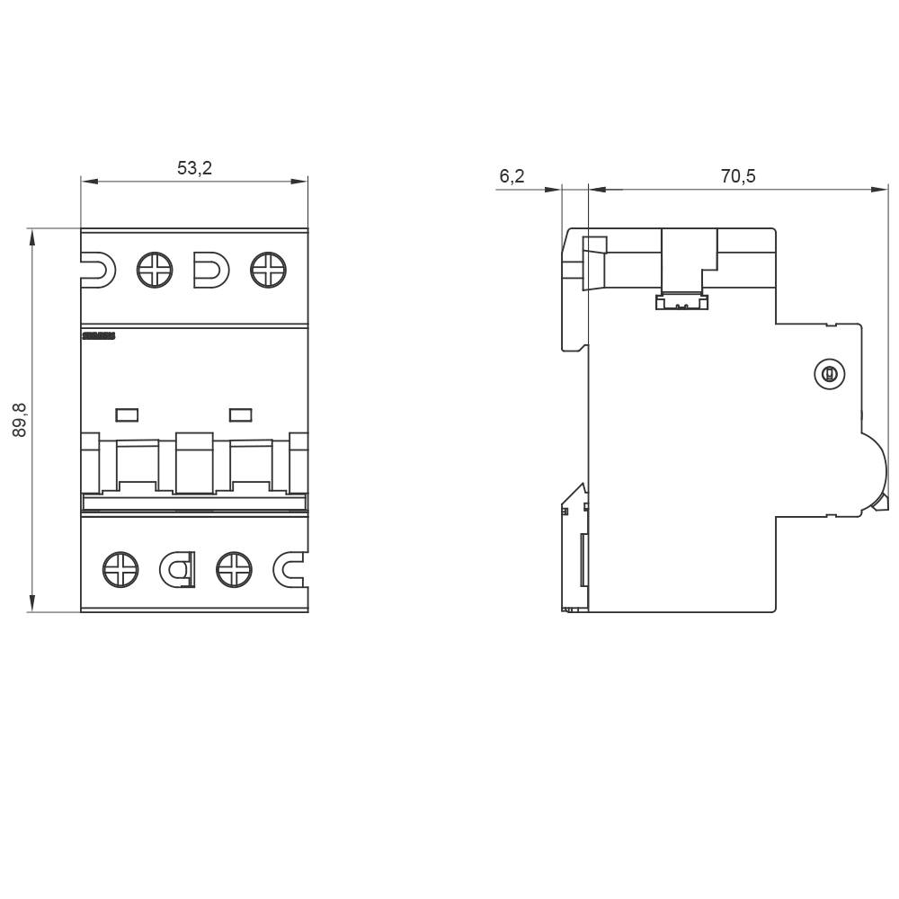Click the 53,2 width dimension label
click(194, 168)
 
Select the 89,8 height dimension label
click(20, 421)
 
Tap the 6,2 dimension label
click(512, 176)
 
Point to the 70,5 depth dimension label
click(738, 176)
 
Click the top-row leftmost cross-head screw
click(155, 270)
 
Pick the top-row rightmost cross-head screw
click(268, 270)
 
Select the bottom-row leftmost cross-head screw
click(121, 569)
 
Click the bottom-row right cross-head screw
click(235, 569)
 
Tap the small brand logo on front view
click(99, 336)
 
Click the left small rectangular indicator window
click(127, 414)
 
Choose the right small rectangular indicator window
click(240, 414)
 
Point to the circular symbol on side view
click(830, 374)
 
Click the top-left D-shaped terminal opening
click(98, 270)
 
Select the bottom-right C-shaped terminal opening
click(289, 569)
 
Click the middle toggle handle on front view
click(194, 462)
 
